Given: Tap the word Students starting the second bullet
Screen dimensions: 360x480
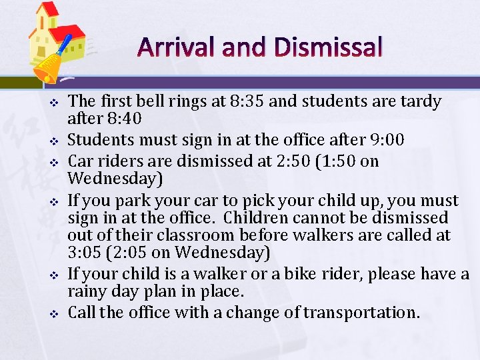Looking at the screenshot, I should click(99, 141).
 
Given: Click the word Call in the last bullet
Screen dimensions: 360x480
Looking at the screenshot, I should click(83, 312).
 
